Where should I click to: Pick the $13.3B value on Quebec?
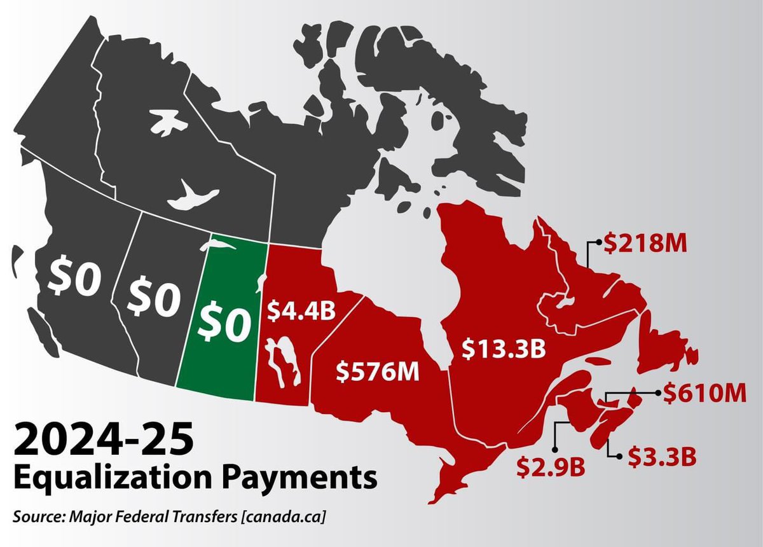(504, 349)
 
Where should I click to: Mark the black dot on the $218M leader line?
(598, 242)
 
